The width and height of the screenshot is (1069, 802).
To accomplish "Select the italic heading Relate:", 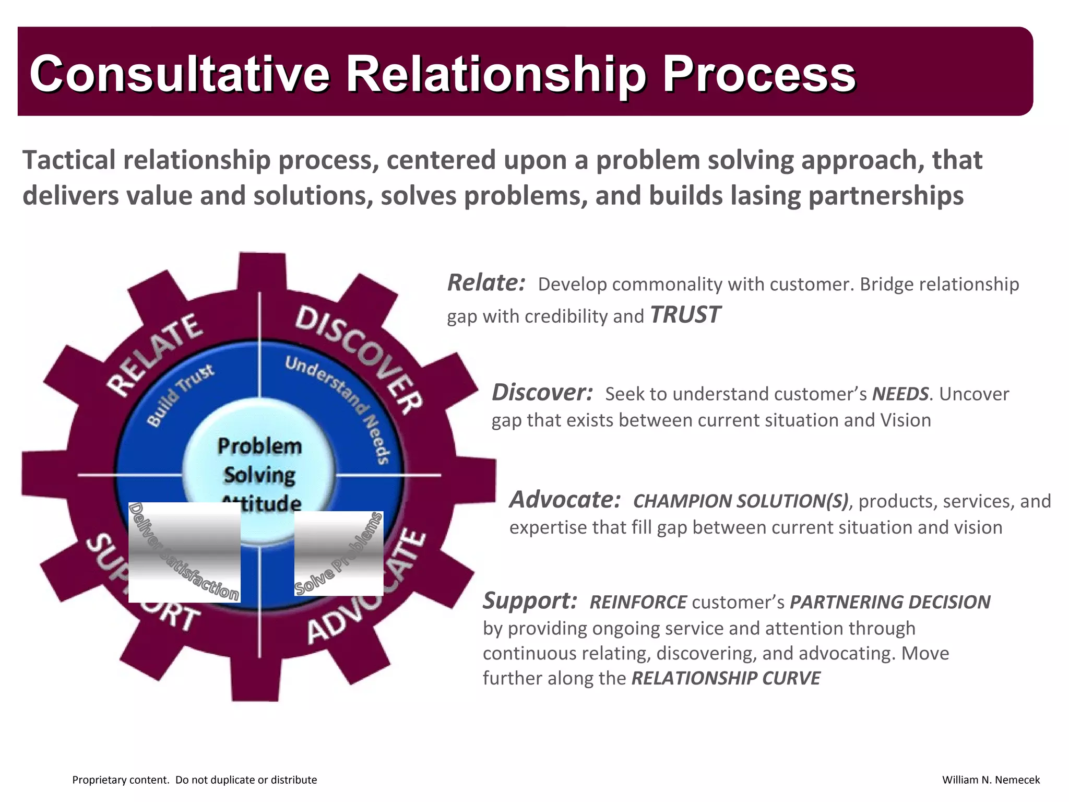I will coord(486,283).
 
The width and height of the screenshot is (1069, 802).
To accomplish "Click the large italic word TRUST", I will coord(685,315).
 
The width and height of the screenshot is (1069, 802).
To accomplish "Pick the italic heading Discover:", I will coord(542,393).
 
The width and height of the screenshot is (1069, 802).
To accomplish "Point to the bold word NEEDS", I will coord(900,394).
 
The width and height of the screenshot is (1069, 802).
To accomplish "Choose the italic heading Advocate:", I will coord(565,500).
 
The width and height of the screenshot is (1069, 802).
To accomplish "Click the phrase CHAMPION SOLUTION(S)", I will coord(740,501).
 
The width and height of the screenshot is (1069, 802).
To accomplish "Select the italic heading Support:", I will coord(529,600).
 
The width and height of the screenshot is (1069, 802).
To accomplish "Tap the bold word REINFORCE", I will coord(638,602).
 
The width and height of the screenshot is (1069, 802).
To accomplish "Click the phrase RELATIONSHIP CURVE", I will coord(726,678).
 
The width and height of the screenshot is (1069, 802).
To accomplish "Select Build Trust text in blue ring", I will coord(180,395).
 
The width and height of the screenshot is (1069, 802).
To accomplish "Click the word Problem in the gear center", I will coord(259,446).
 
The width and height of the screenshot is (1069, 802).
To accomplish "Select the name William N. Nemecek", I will coord(990,780).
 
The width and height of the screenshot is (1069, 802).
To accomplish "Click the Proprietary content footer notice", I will coord(194,780).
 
